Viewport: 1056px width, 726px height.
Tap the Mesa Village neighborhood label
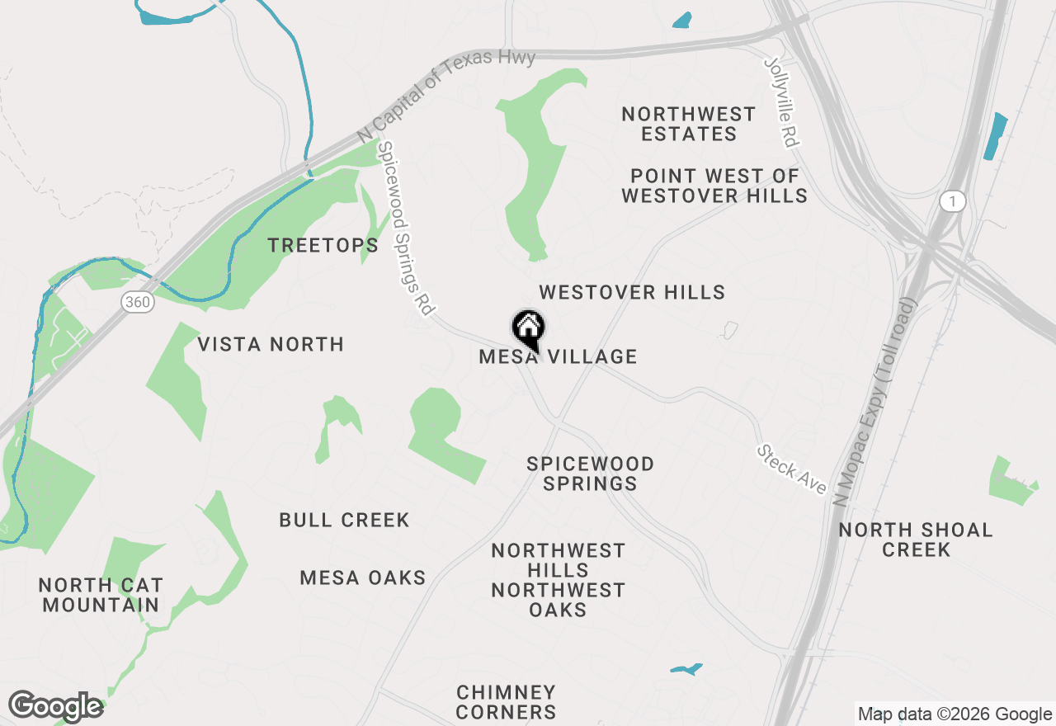point(559,356)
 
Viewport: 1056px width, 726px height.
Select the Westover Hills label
point(632,292)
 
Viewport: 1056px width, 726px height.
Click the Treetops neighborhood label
point(323,245)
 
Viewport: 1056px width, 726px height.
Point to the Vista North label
point(271,344)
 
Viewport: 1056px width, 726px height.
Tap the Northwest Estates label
point(689,124)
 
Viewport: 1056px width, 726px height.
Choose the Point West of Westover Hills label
point(714,186)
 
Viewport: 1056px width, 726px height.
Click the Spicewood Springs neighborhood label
point(591,474)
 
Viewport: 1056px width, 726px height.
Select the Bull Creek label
point(344,520)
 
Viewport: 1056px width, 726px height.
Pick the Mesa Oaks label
point(363,577)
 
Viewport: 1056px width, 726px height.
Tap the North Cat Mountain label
point(101,595)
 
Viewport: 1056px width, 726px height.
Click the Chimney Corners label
point(507,702)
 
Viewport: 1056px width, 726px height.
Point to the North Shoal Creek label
point(916,540)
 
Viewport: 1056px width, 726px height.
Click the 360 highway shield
point(138,302)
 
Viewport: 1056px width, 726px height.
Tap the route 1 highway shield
point(952,201)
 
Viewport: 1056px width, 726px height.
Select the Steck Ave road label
point(792,470)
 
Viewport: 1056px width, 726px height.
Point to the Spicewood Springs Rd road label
point(406,229)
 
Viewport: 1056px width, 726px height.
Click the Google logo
point(55,706)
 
